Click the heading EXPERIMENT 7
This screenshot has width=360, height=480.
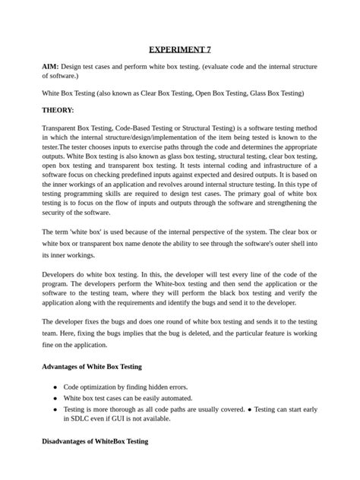click(180, 49)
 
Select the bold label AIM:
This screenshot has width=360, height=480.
click(52, 67)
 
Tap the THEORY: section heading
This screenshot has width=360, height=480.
click(58, 110)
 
